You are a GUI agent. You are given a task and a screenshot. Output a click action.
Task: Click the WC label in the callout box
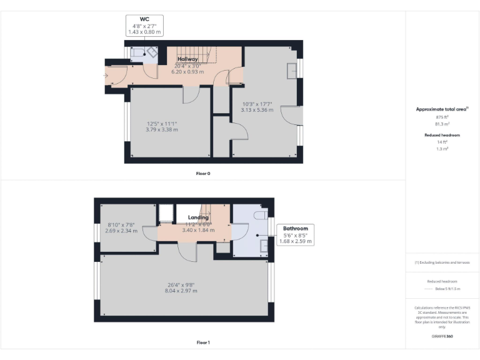pyautogui.click(x=144, y=19)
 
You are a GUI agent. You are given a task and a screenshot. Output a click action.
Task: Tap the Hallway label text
pyautogui.click(x=187, y=59)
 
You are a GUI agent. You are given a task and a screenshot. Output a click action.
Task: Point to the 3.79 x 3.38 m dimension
pyautogui.click(x=162, y=129)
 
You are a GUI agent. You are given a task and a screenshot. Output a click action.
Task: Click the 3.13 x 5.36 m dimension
pyautogui.click(x=257, y=109)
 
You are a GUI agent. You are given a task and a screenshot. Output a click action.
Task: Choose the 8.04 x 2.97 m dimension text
pyautogui.click(x=181, y=291)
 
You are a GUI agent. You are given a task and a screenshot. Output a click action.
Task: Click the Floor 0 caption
pyautogui.click(x=202, y=173)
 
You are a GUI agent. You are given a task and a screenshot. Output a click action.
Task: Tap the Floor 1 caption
pyautogui.click(x=202, y=342)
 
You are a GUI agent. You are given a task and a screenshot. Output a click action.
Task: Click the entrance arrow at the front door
pyautogui.click(x=106, y=76)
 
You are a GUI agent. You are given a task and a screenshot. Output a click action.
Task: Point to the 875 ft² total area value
pyautogui.click(x=442, y=117)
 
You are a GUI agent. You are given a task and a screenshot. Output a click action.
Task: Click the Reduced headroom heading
pyautogui.click(x=442, y=135)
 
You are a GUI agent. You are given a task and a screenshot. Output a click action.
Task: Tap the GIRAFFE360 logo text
pyautogui.click(x=442, y=337)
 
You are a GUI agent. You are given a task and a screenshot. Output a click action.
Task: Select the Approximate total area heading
pyautogui.click(x=441, y=109)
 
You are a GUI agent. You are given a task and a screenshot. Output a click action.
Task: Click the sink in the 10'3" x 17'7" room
pyautogui.click(x=292, y=71)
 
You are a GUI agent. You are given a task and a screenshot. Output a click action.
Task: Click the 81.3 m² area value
pyautogui.click(x=442, y=124)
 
